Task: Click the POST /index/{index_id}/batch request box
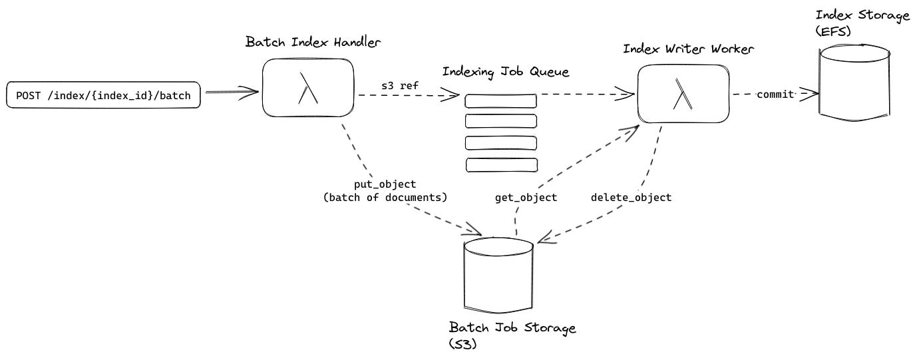tap(103, 96)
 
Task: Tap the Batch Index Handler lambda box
tap(307, 88)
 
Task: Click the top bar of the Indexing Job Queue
tap(500, 101)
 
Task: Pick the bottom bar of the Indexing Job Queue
tap(500, 164)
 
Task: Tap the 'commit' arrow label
tap(775, 94)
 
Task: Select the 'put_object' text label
tap(385, 184)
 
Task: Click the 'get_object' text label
tap(526, 198)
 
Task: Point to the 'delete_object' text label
tap(631, 198)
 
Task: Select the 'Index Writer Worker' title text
tap(689, 49)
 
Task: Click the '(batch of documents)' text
tap(385, 198)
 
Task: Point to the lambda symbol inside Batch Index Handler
tap(307, 89)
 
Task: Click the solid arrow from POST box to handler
tap(230, 92)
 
